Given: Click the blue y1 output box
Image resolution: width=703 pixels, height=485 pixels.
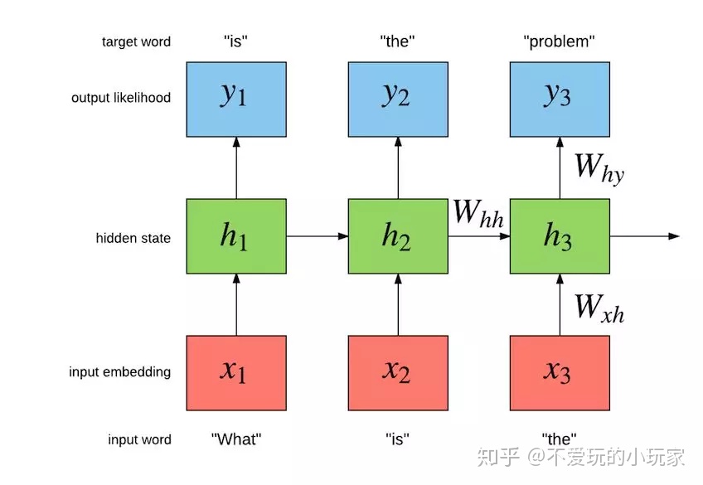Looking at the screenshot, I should point(236,98).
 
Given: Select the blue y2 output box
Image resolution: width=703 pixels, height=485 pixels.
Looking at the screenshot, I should point(398,98).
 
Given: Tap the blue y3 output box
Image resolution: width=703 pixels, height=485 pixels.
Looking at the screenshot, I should point(560,98).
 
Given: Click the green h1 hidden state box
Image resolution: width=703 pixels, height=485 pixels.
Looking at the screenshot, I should point(236,237).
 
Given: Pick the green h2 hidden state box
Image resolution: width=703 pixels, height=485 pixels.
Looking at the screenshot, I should point(398,237).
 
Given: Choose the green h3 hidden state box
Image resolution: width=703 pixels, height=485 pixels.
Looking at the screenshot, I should point(560,237).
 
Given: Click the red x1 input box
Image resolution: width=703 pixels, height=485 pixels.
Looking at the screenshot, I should point(236,373).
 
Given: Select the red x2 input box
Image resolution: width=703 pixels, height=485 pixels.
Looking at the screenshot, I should point(398,373).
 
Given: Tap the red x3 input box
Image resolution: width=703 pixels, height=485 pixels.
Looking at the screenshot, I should point(560,373).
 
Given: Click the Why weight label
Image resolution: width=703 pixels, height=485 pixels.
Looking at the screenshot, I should point(599,169).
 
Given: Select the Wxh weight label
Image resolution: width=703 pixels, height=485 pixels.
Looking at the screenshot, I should point(599,308).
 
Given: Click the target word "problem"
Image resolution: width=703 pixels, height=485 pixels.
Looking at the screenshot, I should point(560,41).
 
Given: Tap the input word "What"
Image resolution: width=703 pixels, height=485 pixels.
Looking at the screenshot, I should point(236,439).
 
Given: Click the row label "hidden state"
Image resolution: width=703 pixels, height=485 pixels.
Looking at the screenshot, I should point(133,238).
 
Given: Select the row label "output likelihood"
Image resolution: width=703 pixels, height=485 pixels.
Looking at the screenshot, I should point(121,98).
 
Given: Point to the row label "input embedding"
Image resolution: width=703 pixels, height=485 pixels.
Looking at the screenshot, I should point(120,372).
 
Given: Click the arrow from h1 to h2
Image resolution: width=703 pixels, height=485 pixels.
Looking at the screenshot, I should point(317,237).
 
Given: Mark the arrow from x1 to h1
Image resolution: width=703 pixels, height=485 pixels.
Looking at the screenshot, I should point(236,306).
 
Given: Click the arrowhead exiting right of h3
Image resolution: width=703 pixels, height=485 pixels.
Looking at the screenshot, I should point(673,237).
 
